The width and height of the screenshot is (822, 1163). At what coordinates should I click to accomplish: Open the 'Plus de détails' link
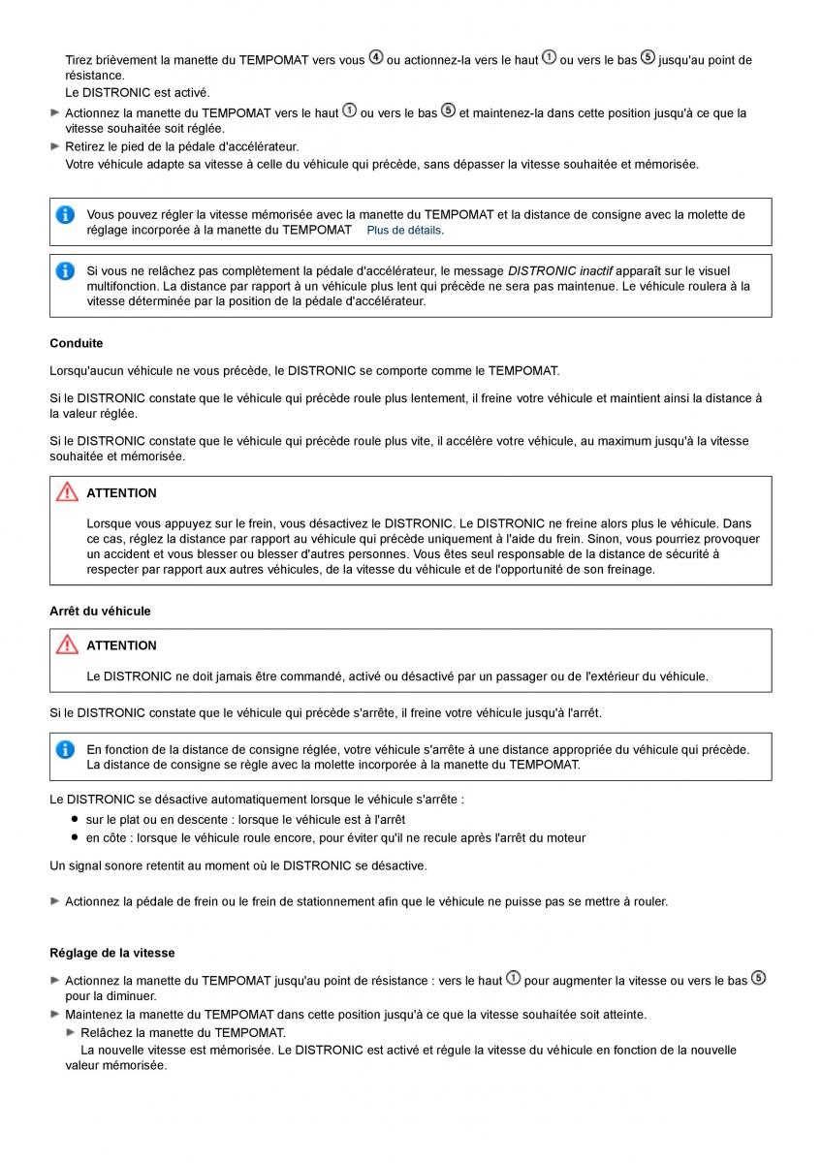[x=404, y=231]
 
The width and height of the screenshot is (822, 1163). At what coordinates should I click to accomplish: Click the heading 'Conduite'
[x=77, y=343]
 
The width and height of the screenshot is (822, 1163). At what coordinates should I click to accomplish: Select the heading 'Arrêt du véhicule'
[x=100, y=612]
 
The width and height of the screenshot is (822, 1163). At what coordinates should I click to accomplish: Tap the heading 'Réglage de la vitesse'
[x=112, y=954]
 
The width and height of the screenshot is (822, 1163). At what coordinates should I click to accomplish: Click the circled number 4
[x=376, y=58]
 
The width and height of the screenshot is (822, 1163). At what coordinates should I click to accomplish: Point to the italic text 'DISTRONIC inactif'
[x=559, y=271]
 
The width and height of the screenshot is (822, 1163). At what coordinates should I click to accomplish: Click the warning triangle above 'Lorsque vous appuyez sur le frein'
[x=67, y=492]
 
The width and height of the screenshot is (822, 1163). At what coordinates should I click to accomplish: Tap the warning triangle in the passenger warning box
[x=67, y=644]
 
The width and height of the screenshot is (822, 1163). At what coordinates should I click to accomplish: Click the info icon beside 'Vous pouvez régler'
[x=65, y=215]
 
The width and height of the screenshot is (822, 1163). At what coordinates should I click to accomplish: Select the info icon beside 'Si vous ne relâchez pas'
[x=65, y=271]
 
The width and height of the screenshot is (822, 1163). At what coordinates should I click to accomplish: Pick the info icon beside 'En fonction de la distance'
[x=65, y=749]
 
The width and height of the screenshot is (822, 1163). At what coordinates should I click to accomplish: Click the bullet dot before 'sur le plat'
[x=74, y=820]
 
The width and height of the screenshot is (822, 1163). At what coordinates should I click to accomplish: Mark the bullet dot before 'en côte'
[x=74, y=837]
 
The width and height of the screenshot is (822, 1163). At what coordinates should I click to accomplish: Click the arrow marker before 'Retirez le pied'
[x=55, y=146]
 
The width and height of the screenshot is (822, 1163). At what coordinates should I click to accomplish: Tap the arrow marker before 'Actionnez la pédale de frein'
[x=55, y=901]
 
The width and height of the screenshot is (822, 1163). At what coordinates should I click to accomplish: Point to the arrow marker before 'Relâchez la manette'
[x=71, y=1032]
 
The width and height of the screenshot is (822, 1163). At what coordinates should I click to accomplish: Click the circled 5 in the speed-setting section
[x=758, y=979]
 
